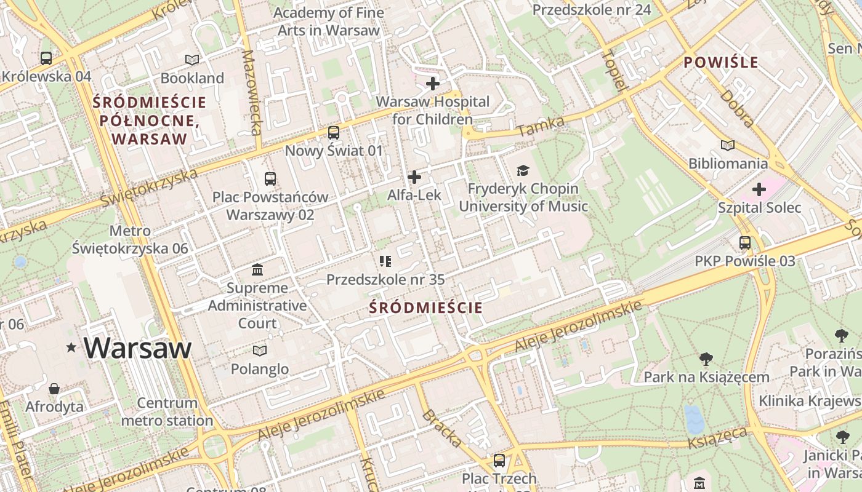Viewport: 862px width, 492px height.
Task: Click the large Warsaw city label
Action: pos(137,348)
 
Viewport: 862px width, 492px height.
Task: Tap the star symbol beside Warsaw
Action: pos(71,348)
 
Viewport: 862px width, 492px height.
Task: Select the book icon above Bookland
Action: pos(192,60)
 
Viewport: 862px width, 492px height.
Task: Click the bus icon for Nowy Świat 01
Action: pos(333,132)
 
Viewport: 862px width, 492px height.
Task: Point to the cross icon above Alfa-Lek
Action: pos(414,177)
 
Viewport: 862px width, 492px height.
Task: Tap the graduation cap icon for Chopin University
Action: pos(523,170)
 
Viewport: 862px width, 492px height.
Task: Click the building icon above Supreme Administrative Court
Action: pos(257,269)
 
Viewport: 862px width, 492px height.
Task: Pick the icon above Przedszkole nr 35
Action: pos(385,261)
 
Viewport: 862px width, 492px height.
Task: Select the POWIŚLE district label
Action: pos(721,63)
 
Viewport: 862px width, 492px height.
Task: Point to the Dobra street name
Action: pos(737,108)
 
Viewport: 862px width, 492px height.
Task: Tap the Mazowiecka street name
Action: pos(252,92)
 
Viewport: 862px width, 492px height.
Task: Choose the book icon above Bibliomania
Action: pos(728,145)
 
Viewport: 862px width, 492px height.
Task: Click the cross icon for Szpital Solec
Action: pos(759,189)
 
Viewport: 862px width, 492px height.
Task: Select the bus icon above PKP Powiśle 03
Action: pos(745,243)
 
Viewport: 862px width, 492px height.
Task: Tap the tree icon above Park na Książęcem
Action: pos(706,359)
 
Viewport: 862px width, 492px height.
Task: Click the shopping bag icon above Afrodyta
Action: pos(55,389)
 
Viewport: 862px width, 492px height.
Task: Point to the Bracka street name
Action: pos(442,427)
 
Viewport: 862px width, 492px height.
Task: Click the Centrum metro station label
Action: pos(167,412)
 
